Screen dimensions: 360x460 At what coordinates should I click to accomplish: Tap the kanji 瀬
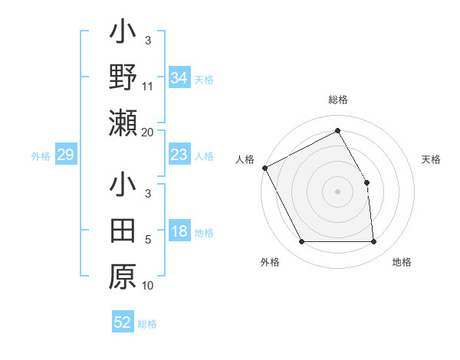(123, 123)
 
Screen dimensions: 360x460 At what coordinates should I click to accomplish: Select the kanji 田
(123, 231)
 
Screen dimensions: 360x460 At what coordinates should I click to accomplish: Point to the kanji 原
(123, 277)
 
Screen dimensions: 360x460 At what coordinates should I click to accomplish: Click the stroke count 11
(148, 87)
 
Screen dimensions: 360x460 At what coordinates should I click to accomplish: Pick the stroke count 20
(148, 133)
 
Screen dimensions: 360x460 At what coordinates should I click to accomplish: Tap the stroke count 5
(148, 241)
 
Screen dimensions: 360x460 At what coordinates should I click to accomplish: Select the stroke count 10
(148, 286)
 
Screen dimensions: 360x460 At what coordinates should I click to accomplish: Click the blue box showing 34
(179, 77)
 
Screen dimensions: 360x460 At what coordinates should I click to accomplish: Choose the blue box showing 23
(179, 155)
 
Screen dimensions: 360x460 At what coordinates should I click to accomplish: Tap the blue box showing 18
(179, 232)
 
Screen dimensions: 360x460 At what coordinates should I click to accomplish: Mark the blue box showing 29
(66, 155)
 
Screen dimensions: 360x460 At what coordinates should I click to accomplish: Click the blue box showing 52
(123, 322)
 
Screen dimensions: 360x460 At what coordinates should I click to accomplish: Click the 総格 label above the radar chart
(337, 100)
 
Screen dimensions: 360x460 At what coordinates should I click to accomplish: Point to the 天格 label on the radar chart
(432, 159)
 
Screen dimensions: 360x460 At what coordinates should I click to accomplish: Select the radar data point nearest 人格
(264, 168)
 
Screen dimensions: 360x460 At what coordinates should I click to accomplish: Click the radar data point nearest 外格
(301, 242)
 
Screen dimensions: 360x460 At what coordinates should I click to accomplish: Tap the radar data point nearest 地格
(373, 242)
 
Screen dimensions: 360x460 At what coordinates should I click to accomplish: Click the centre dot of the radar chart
(337, 191)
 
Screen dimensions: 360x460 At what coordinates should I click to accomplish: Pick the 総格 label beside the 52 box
(148, 323)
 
